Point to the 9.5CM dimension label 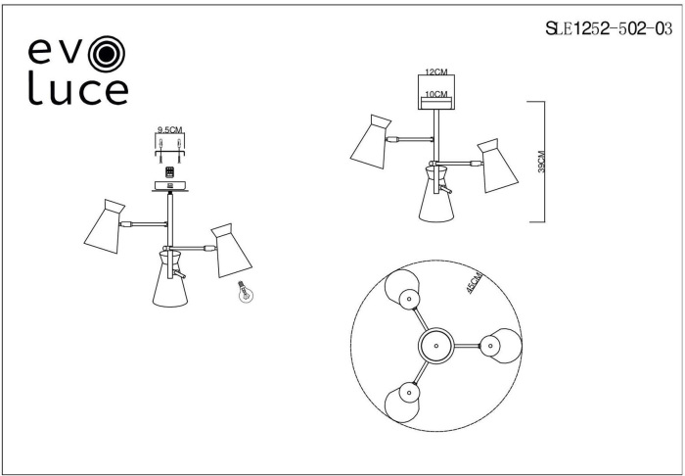pyautogui.click(x=171, y=129)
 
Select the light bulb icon pyautogui.click(x=242, y=294)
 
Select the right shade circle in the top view pyautogui.click(x=500, y=345)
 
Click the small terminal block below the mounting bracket pyautogui.click(x=170, y=170)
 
